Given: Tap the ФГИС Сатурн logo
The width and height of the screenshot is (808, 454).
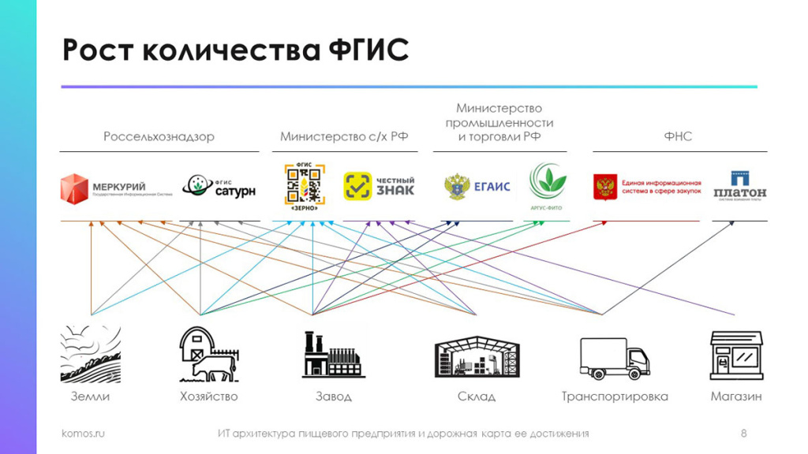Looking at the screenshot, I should tap(219, 186).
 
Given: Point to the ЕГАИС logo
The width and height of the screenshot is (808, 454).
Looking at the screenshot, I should tap(477, 187).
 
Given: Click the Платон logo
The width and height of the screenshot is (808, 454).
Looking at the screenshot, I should tap(739, 186).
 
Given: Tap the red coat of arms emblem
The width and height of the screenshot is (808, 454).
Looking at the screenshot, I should tap(605, 187).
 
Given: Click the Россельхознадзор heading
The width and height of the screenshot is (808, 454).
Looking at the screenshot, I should tap(159, 136).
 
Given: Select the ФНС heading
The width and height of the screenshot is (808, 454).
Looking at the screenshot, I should tap(678, 136).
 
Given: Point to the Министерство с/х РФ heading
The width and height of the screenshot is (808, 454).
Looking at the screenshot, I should tap(344, 136).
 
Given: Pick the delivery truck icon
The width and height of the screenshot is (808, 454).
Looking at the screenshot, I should tap(615, 358).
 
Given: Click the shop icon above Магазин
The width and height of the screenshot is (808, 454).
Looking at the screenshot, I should tap(736, 355).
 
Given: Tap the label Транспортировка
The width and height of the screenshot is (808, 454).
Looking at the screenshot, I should tap(615, 396).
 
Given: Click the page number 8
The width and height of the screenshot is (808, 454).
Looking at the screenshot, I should tap(743, 434).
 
